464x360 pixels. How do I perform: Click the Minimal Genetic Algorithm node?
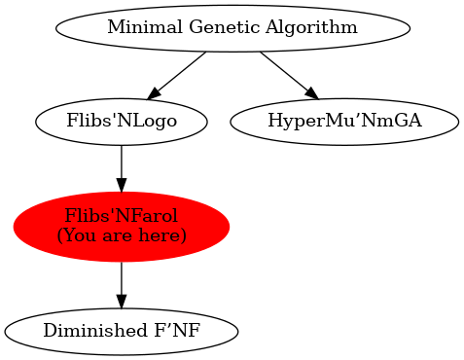tap(232, 27)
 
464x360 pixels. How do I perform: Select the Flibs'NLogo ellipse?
tap(121, 122)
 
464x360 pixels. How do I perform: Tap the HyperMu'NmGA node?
tap(343, 122)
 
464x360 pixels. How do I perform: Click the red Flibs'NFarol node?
tap(121, 226)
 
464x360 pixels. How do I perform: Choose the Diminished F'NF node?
tap(121, 331)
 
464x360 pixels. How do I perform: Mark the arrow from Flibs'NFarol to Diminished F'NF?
tap(121, 283)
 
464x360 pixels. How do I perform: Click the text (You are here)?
tap(121, 235)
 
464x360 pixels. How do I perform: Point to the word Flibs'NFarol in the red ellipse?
tap(121, 216)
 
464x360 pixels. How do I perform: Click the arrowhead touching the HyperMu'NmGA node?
tap(310, 92)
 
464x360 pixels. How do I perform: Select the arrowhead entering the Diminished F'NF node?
tap(121, 303)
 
